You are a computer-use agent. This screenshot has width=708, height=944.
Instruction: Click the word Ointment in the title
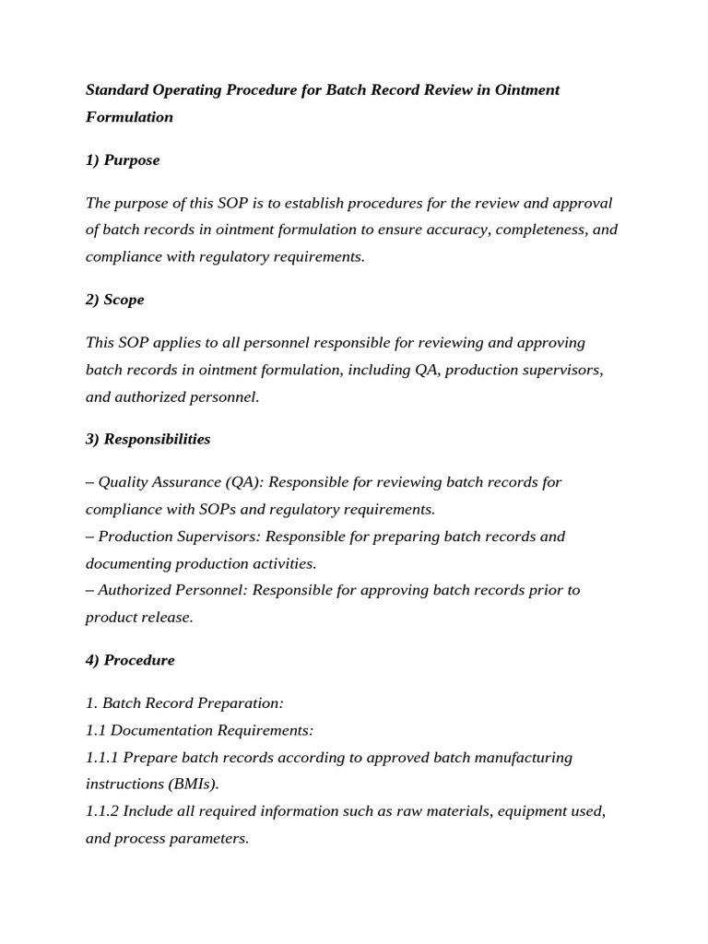526,89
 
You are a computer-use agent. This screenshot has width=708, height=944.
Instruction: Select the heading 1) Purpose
123,159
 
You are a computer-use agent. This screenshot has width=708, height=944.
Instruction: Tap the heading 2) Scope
114,300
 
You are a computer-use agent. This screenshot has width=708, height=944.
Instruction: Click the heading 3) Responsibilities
147,439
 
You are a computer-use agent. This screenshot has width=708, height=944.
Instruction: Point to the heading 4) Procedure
130,660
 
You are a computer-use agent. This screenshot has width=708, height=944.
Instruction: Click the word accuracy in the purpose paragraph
458,229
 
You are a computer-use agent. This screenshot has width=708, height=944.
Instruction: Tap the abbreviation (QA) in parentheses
242,481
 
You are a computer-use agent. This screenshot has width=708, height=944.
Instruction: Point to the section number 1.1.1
102,757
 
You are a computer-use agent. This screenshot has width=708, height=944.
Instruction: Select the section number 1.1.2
102,811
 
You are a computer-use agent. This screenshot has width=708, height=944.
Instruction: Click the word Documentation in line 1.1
161,730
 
